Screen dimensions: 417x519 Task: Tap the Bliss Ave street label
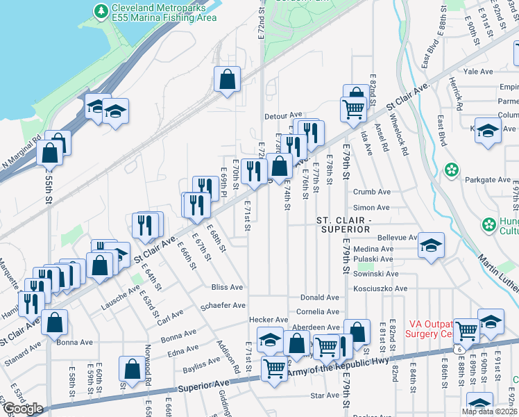(228, 287)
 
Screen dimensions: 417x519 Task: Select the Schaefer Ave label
(223, 305)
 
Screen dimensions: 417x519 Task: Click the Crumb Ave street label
(372, 192)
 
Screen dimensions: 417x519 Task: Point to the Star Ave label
(324, 395)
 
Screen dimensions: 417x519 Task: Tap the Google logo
(22, 408)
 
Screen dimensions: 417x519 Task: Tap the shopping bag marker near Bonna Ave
(55, 322)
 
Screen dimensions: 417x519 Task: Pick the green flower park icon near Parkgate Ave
(452, 170)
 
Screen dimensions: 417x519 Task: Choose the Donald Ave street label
(320, 297)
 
